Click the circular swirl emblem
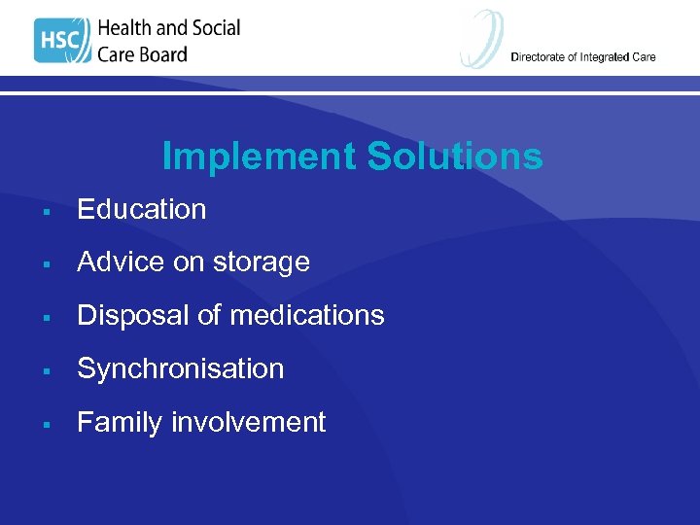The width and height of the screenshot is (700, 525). tap(482, 39)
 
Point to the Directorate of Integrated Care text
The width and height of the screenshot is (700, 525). tap(582, 56)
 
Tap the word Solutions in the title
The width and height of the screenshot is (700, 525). tap(453, 157)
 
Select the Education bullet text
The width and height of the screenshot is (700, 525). tap(142, 209)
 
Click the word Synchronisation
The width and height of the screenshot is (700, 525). tap(181, 369)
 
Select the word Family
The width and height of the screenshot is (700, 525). tap(120, 423)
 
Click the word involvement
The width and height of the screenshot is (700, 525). tap(249, 422)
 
